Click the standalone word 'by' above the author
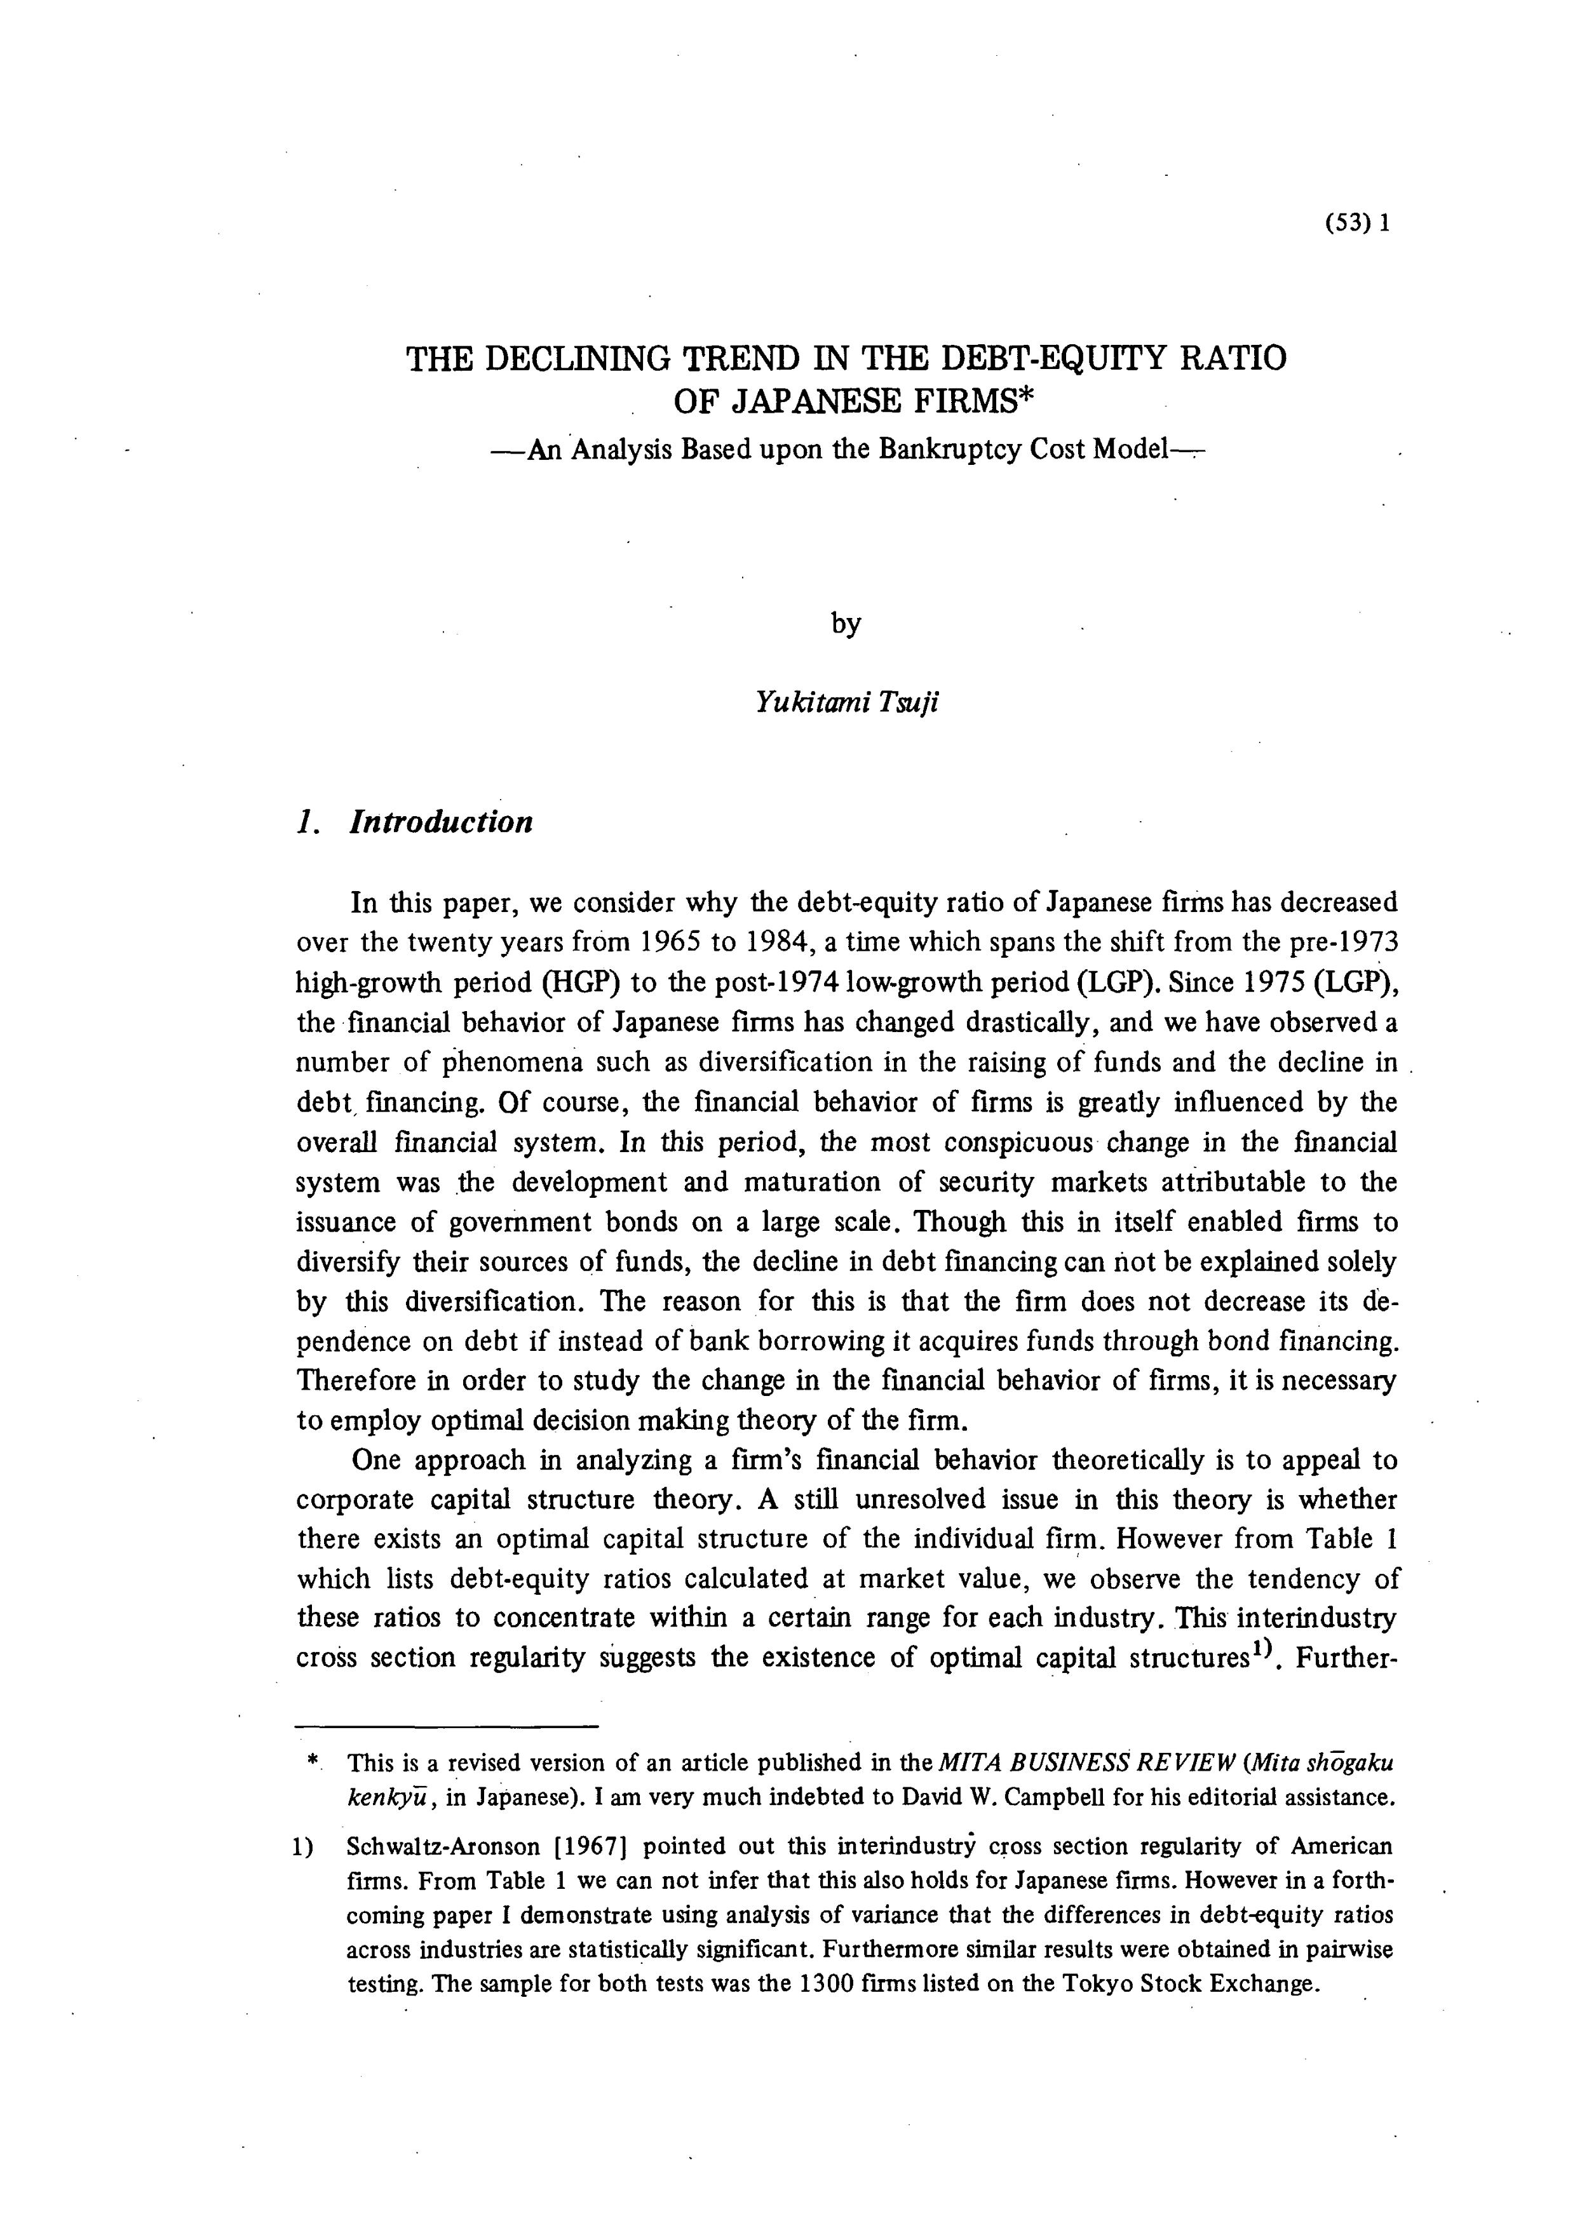(845, 623)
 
